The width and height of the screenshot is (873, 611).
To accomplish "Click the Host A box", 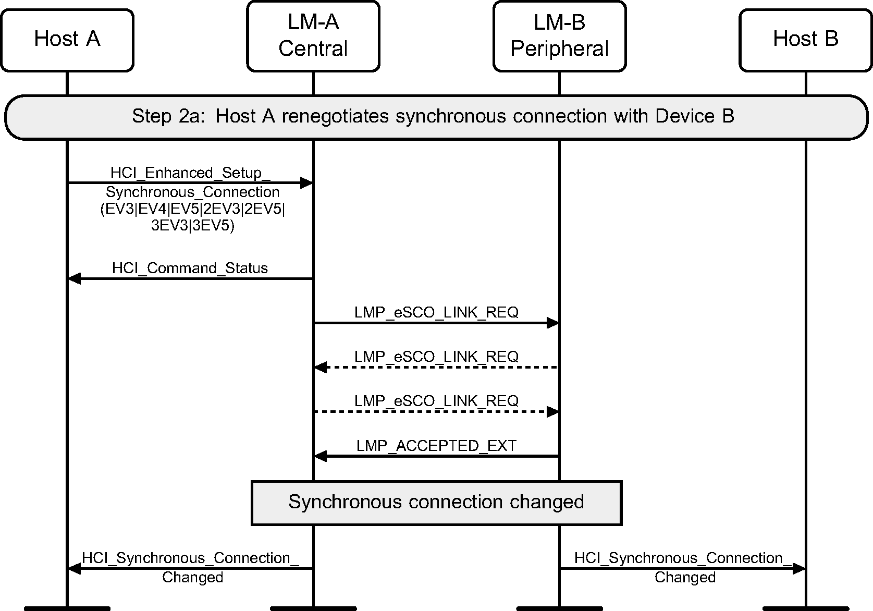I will [67, 40].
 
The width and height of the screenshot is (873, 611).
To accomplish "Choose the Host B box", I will [805, 40].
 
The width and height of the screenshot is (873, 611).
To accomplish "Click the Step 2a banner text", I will [433, 116].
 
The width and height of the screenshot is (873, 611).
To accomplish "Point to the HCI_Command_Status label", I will [190, 268].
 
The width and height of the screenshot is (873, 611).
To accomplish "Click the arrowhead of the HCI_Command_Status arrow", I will [75, 279].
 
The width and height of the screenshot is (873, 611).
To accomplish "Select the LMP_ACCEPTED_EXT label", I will [436, 446].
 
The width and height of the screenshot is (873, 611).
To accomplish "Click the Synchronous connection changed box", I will [436, 502].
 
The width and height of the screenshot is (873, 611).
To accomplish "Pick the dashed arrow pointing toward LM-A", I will [436, 368].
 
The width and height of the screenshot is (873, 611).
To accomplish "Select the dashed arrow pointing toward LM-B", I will [436, 412].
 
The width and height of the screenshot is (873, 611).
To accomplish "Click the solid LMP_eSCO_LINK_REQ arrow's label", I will [436, 312].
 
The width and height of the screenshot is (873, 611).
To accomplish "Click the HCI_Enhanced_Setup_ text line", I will [190, 173].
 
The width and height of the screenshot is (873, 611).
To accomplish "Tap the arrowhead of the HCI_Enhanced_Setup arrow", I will [306, 183].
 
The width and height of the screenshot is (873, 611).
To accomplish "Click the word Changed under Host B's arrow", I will [685, 577].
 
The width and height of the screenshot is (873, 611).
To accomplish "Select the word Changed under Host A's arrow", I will [192, 577].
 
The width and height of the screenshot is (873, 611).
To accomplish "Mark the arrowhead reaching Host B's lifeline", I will [799, 569].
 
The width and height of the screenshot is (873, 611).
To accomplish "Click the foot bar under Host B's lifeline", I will [805, 608].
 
